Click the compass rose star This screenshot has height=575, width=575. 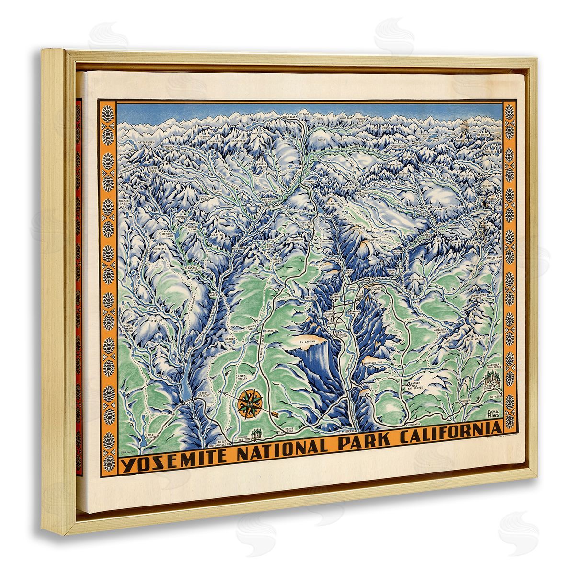coord(250,402)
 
